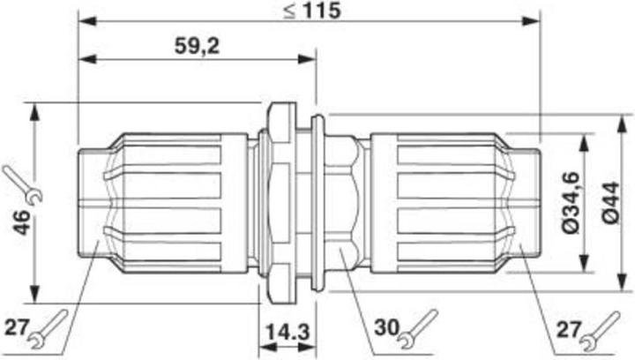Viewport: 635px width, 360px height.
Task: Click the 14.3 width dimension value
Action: coord(288,336)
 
